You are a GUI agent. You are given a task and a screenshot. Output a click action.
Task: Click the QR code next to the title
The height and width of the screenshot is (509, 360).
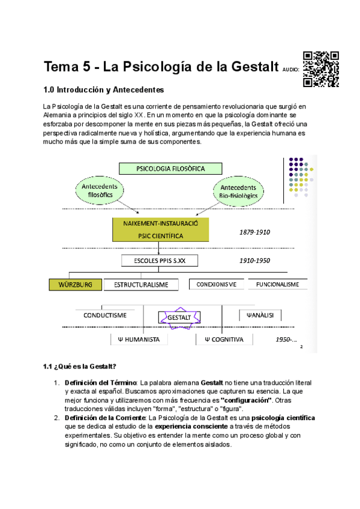(x=322, y=67)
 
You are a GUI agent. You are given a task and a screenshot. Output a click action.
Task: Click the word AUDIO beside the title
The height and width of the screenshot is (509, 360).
(x=291, y=70)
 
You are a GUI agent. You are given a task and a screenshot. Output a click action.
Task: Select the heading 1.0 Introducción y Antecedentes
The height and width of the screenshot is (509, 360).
(x=103, y=90)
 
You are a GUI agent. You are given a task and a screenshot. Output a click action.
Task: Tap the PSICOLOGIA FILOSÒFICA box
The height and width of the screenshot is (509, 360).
(x=170, y=169)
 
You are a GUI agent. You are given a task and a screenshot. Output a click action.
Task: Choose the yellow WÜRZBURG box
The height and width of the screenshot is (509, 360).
(x=76, y=285)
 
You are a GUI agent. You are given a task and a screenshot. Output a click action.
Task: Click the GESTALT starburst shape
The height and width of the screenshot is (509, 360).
(x=179, y=317)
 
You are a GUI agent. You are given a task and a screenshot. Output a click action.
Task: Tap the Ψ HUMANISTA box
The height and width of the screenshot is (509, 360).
(x=137, y=339)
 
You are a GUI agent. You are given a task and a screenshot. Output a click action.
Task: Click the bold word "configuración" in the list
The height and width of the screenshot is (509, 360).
(x=247, y=400)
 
